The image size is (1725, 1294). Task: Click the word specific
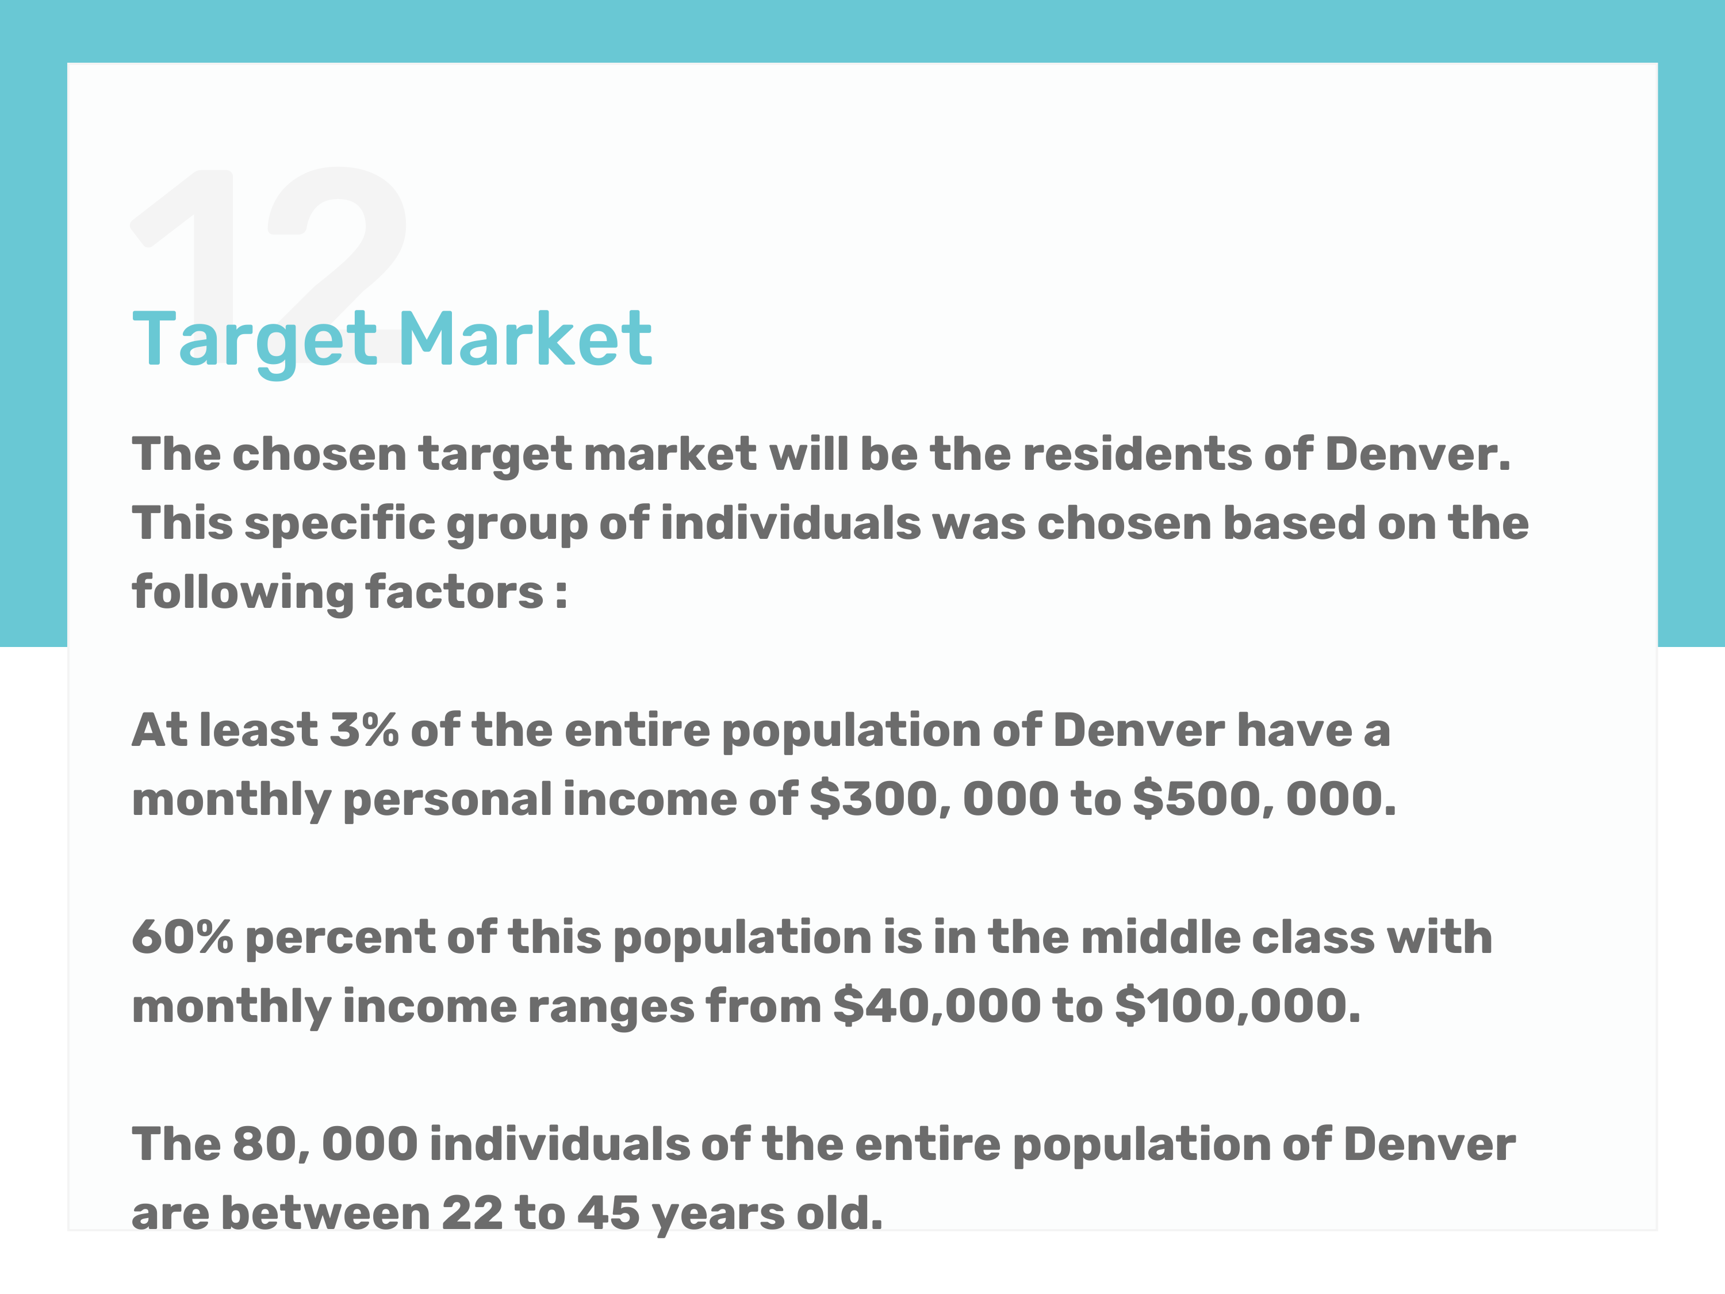tap(340, 523)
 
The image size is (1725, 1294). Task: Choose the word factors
tap(454, 592)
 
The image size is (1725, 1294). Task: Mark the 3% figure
tap(364, 731)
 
